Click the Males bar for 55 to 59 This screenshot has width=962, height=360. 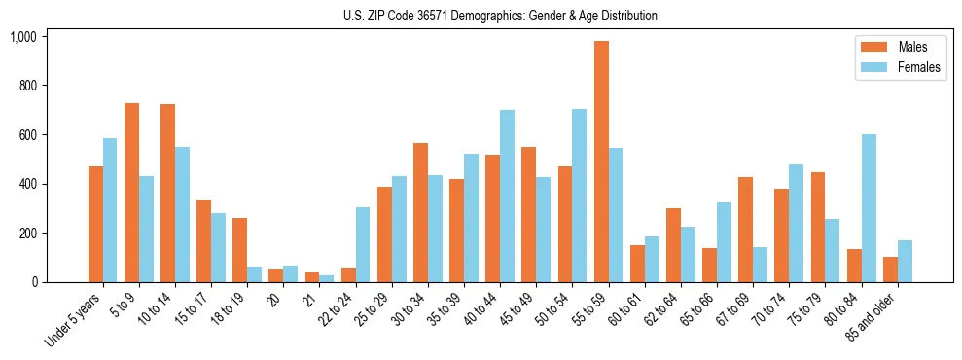[x=601, y=162]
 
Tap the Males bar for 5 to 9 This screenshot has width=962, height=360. [x=131, y=193]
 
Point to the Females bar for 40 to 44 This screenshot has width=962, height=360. [x=507, y=196]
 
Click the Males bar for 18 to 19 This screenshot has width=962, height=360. [x=239, y=250]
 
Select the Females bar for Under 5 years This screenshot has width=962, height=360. [x=110, y=210]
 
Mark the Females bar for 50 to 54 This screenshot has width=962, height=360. [x=579, y=196]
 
